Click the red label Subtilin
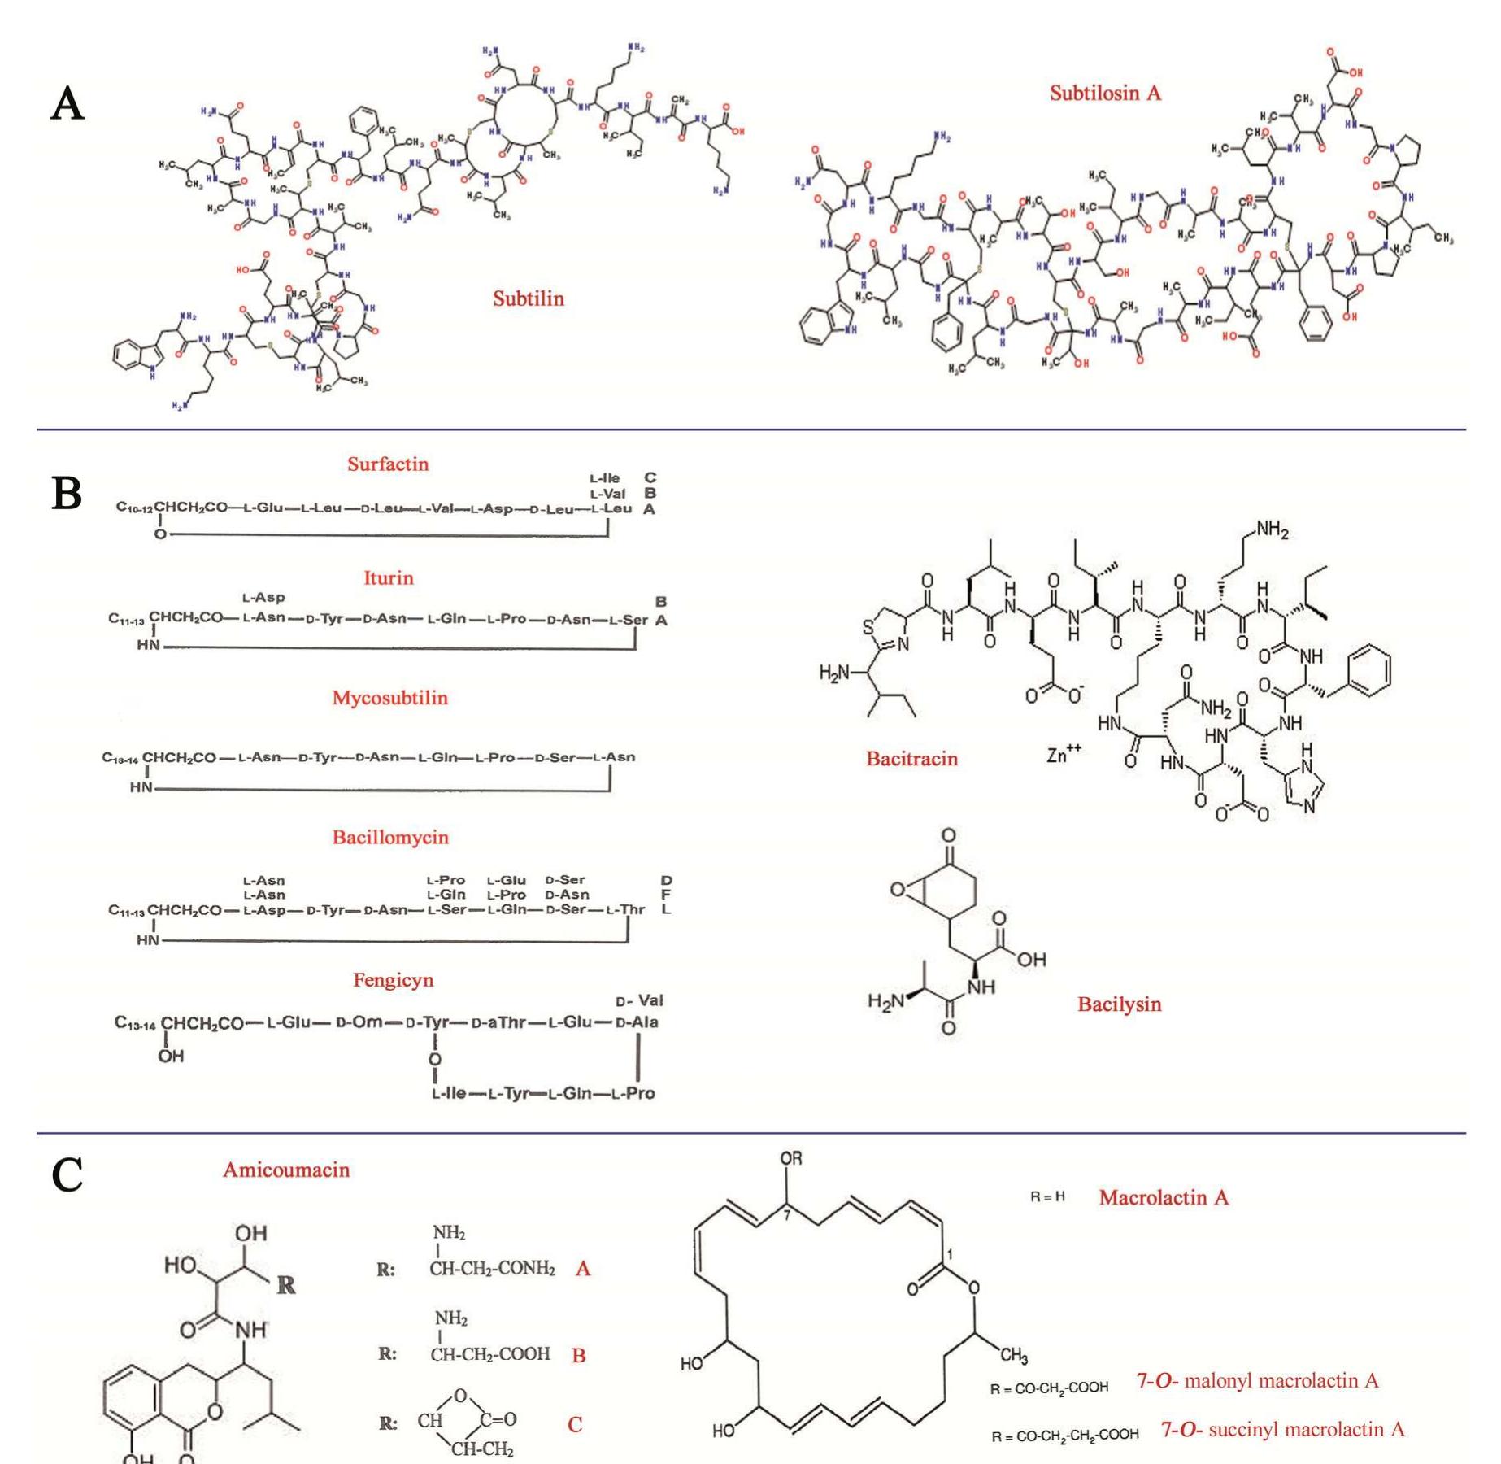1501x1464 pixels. (x=528, y=298)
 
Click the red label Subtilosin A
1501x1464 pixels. (x=1104, y=94)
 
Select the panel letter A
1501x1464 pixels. (x=67, y=105)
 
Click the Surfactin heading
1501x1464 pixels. (x=388, y=464)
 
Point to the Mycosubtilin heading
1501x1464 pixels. (x=389, y=698)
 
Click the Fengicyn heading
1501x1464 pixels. (x=393, y=980)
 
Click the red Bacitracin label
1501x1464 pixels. (x=911, y=759)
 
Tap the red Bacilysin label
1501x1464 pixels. (x=1119, y=1004)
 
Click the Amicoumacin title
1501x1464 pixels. (x=286, y=1170)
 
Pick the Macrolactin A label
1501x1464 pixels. (x=1164, y=1198)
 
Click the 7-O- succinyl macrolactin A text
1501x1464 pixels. (x=1282, y=1430)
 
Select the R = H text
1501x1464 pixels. (x=1047, y=1197)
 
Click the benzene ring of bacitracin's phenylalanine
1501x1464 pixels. (x=1368, y=671)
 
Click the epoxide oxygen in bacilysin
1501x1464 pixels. (x=898, y=890)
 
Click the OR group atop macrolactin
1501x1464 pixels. (x=790, y=1159)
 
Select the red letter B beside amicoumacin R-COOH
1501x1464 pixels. (x=579, y=1356)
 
